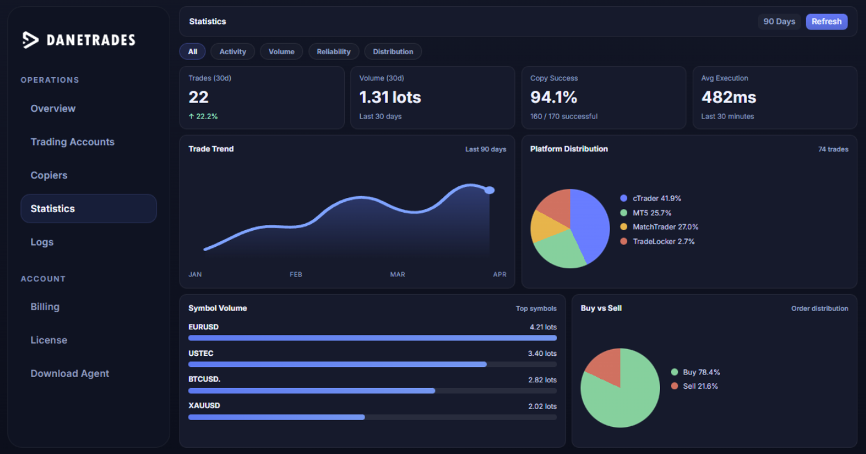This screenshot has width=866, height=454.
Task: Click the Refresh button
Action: [827, 22]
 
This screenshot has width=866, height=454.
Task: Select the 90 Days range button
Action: [779, 22]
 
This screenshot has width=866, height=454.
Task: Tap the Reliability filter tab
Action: [334, 51]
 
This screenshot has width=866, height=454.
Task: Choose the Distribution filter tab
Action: [393, 51]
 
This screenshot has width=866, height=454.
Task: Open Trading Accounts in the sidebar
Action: [72, 142]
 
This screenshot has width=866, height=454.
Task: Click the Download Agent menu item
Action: [70, 374]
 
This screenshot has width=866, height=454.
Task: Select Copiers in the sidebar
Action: [49, 175]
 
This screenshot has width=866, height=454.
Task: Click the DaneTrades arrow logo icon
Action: [30, 40]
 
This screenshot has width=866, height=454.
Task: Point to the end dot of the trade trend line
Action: [490, 190]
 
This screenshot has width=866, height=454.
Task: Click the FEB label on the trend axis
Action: [295, 274]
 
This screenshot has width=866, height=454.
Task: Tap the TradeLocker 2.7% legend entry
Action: [658, 241]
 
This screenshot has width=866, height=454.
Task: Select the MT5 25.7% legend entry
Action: [646, 213]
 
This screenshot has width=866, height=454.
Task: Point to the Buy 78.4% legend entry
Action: [696, 372]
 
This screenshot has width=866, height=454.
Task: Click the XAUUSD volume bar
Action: [276, 417]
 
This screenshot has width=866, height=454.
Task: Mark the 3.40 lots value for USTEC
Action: [542, 353]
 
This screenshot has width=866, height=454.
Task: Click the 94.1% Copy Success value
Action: [554, 97]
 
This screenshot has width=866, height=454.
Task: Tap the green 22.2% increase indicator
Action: [203, 117]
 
